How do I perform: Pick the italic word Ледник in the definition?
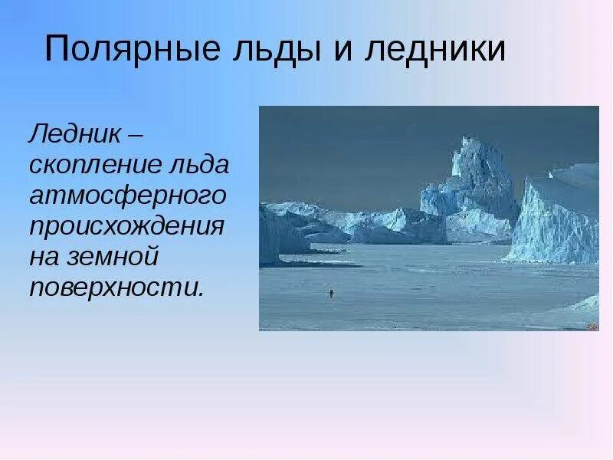[x=74, y=135]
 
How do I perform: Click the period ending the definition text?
[x=202, y=294]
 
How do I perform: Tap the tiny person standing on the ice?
[x=330, y=293]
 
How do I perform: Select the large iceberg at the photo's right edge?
[x=556, y=219]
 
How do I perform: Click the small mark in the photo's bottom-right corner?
[x=592, y=326]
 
